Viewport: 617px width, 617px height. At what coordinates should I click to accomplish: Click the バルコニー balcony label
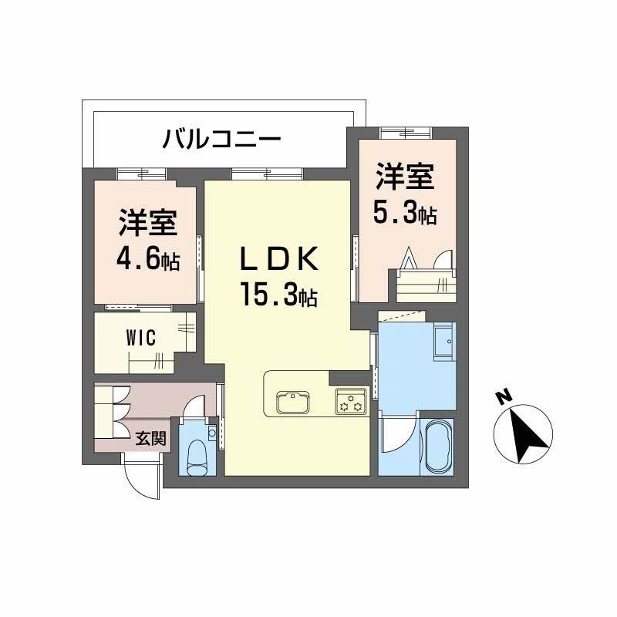tap(221, 140)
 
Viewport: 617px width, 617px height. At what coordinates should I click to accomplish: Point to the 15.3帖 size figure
tap(278, 294)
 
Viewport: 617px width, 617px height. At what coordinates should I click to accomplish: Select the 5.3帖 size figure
tap(405, 213)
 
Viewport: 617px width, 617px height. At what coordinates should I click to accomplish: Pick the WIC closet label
tap(142, 337)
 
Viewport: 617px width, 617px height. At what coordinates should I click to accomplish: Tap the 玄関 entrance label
tap(150, 439)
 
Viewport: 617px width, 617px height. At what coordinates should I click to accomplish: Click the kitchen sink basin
tap(292, 401)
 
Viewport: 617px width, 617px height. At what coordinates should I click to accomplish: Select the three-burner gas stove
tap(351, 401)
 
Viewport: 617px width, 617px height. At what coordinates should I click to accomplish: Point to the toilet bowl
tap(198, 456)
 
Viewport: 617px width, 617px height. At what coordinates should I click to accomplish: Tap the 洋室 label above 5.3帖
tap(404, 177)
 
